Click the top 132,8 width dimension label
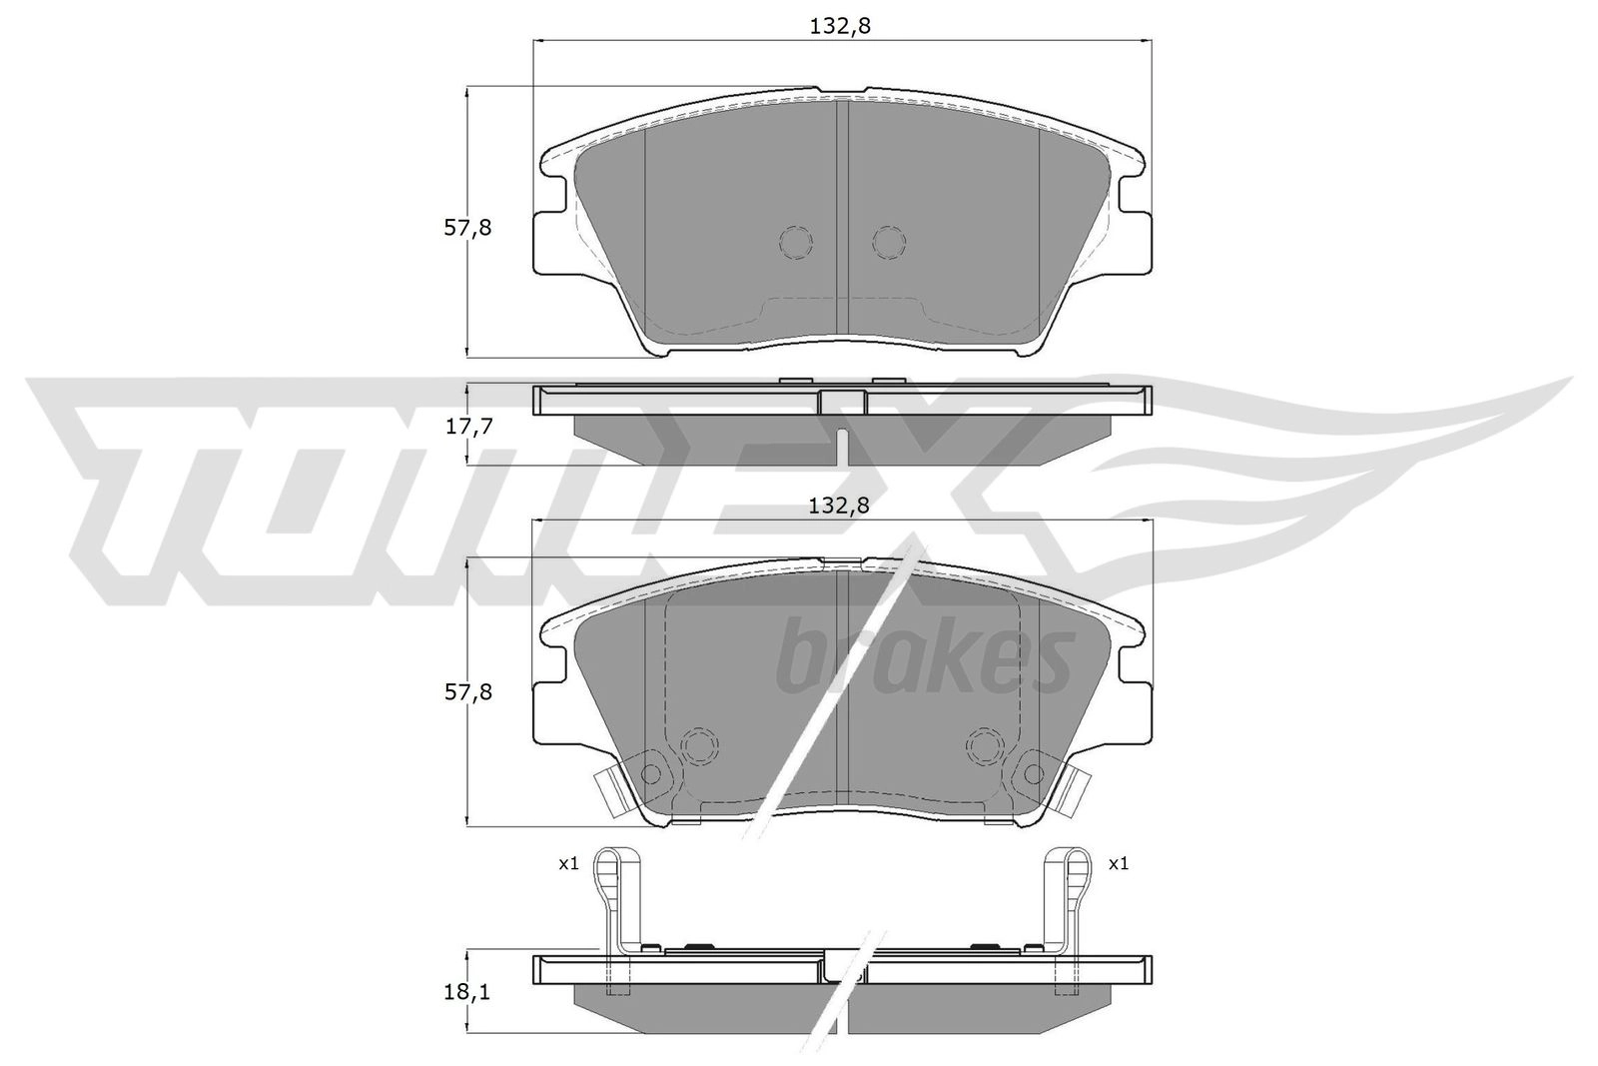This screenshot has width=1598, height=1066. click(840, 26)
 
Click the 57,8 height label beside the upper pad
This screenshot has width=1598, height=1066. click(467, 229)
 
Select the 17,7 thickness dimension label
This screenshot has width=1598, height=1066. click(468, 427)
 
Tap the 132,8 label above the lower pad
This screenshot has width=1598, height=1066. click(839, 506)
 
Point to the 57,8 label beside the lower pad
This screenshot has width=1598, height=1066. click(468, 692)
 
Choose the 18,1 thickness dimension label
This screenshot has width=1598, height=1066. click(467, 992)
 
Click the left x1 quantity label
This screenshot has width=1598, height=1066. click(568, 864)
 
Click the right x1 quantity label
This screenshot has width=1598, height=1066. click(1119, 864)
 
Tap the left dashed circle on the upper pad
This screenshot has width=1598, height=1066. click(795, 243)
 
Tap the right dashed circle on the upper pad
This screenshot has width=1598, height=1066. click(889, 243)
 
